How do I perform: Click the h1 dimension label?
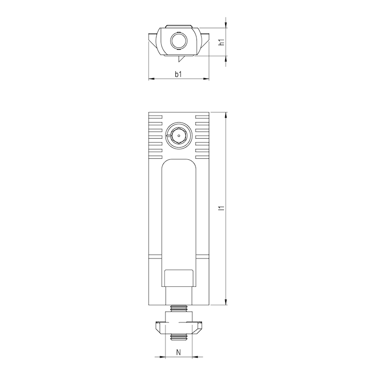(224, 42)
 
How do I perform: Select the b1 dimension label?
(179, 74)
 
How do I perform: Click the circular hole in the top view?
(179, 41)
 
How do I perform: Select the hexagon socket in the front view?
(179, 135)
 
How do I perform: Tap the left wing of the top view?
(153, 37)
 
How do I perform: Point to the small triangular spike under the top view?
(180, 59)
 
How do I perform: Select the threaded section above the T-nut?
(179, 309)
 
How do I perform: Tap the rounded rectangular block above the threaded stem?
(179, 278)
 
